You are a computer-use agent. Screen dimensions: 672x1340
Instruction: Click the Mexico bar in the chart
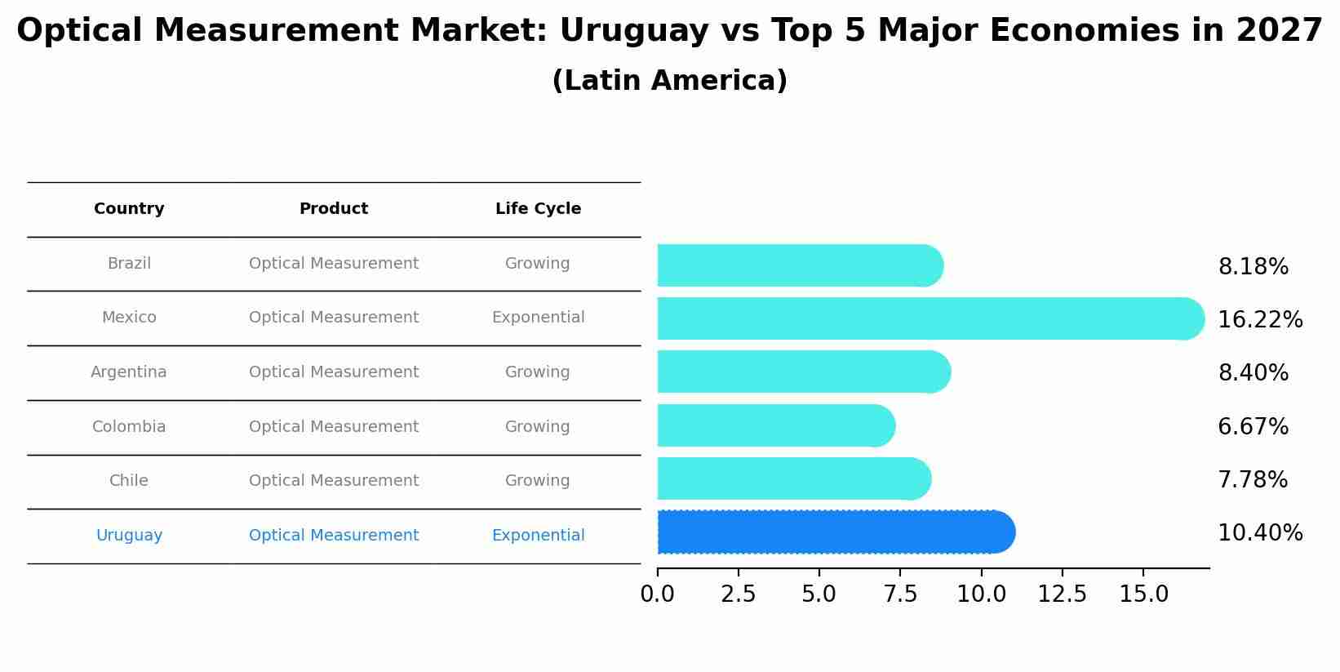pyautogui.click(x=930, y=318)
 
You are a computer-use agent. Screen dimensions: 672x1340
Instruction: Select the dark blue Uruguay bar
pyautogui.click(x=836, y=532)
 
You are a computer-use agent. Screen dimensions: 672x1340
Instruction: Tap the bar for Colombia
pyautogui.click(x=775, y=425)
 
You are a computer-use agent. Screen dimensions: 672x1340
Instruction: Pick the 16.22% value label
pyautogui.click(x=1259, y=320)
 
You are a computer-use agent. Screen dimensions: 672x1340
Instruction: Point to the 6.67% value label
pyautogui.click(x=1253, y=427)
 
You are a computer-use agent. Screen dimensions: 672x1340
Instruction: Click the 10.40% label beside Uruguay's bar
pyautogui.click(x=1259, y=533)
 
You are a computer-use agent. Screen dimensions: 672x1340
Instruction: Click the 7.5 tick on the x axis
pyautogui.click(x=900, y=594)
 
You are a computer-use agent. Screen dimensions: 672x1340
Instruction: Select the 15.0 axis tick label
pyautogui.click(x=1143, y=594)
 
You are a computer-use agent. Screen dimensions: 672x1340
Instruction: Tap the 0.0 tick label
pyautogui.click(x=658, y=594)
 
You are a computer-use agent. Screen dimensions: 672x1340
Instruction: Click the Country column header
pyautogui.click(x=129, y=209)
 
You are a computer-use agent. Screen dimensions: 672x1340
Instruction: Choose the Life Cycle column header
pyautogui.click(x=538, y=209)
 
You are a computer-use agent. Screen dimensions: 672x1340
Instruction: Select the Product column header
pyautogui.click(x=333, y=209)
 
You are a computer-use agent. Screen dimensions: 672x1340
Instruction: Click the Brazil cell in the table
pyautogui.click(x=129, y=264)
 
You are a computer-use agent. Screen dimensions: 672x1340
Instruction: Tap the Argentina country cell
pyautogui.click(x=129, y=372)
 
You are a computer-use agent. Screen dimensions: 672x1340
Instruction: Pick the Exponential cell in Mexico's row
pyautogui.click(x=538, y=318)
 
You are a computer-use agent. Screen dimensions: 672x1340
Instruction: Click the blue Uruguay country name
pyautogui.click(x=129, y=536)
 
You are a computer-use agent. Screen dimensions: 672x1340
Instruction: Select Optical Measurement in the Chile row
pyautogui.click(x=333, y=481)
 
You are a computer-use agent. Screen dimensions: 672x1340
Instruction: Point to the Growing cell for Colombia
pyautogui.click(x=537, y=427)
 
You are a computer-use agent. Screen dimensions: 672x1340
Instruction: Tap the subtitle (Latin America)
pyautogui.click(x=669, y=81)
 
